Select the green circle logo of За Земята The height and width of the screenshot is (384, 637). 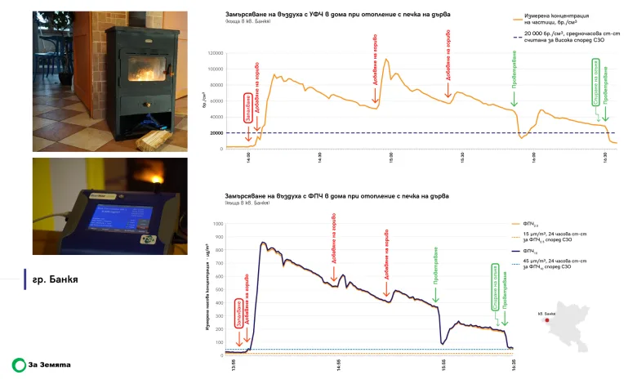point(18,364)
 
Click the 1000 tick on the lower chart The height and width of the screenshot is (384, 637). point(218,223)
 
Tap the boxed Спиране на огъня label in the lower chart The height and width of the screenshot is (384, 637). point(494,285)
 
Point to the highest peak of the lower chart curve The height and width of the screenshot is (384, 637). point(263,242)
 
